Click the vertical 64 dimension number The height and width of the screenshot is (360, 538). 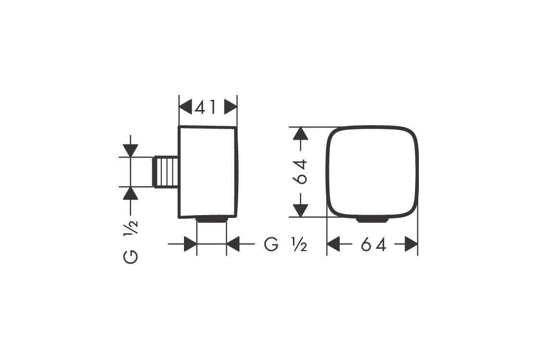(301, 172)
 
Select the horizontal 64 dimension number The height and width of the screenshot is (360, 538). (373, 245)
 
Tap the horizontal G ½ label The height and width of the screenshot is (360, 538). (285, 244)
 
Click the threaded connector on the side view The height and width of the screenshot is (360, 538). (166, 172)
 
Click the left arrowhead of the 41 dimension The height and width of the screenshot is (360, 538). (185, 108)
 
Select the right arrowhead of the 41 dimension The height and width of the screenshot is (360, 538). (231, 108)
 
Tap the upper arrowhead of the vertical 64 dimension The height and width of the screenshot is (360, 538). (301, 134)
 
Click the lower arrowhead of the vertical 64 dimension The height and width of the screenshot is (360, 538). (301, 210)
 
